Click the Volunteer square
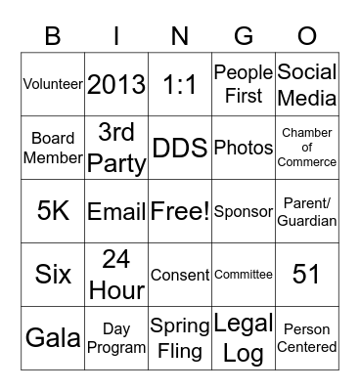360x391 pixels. pos(53,84)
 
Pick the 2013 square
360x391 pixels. pos(116,84)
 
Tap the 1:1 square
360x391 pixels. pos(180,84)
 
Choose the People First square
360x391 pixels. pos(244,84)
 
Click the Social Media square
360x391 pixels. pos(307,84)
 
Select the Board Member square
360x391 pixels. pos(53,148)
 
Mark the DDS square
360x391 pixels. pos(180,148)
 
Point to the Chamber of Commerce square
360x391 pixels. pos(307,148)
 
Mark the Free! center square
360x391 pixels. pos(180,211)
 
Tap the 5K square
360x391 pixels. pos(53,211)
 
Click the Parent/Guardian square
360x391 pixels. pos(307,211)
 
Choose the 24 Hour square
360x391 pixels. pos(116,275)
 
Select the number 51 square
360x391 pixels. pos(307,275)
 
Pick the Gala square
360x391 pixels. pos(53,338)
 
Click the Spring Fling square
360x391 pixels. pos(180,338)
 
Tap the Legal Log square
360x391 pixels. pos(244,338)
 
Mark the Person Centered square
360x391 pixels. pos(307,338)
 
